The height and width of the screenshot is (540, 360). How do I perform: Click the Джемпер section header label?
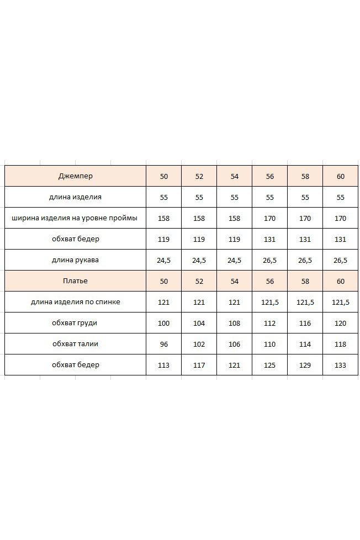[75, 176]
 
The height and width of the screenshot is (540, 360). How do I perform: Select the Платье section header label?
[75, 281]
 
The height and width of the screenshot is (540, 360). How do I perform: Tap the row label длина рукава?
[75, 260]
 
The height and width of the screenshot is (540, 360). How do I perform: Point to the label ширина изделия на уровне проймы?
[75, 218]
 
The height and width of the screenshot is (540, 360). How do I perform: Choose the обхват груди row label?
[75, 323]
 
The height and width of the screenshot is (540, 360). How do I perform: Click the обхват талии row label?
[75, 344]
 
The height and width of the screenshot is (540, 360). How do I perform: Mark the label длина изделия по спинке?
[75, 302]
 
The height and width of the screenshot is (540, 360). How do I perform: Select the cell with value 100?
[164, 323]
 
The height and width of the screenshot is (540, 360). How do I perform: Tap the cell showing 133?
[341, 365]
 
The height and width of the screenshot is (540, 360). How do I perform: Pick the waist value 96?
[164, 344]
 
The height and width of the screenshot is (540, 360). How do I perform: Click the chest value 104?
[199, 323]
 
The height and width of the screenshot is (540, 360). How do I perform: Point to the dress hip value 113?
[164, 365]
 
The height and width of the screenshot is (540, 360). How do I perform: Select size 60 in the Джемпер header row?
[341, 176]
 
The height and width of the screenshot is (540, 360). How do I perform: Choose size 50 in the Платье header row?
[164, 281]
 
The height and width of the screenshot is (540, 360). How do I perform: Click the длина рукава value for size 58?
[305, 260]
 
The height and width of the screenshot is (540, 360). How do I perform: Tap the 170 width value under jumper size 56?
[270, 218]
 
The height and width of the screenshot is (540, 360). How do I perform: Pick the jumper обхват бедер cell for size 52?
[199, 239]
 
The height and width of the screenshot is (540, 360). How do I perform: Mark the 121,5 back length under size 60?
[341, 302]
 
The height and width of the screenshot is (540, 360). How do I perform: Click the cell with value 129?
[305, 365]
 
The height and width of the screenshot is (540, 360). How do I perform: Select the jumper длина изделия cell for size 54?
[235, 197]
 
